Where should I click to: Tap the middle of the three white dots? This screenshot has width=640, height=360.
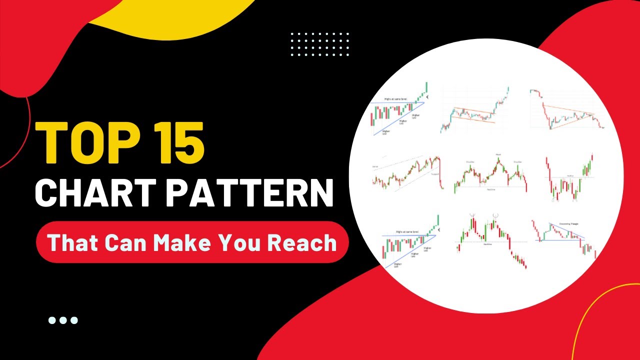tap(63, 320)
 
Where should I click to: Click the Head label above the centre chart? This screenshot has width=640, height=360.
tap(498, 155)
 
